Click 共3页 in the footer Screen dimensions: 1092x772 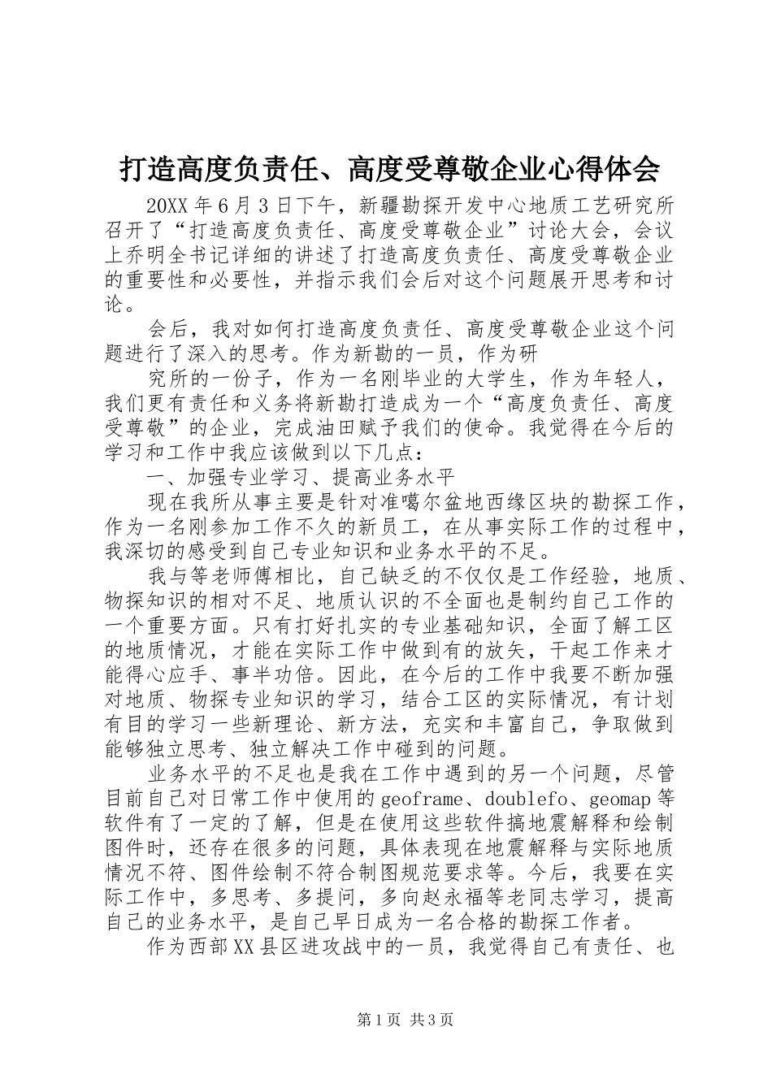[432, 1020]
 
